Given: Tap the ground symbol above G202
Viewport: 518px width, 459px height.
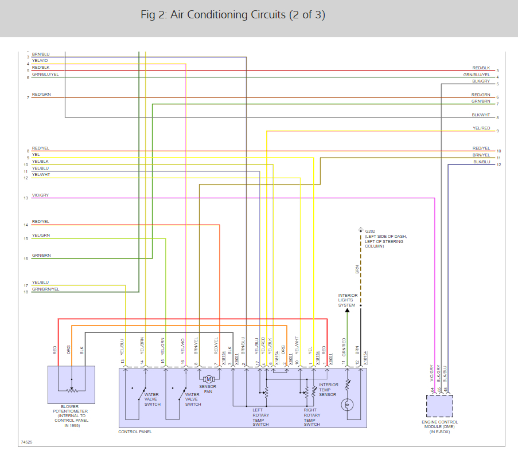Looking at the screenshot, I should pos(360,229).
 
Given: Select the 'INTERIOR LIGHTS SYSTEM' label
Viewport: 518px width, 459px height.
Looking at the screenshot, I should pos(348,300).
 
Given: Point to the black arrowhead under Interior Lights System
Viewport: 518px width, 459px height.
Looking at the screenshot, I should pos(346,310).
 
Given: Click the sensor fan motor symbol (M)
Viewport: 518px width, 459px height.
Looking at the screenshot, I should pos(209,379).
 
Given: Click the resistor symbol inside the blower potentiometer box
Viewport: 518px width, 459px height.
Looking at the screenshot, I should pos(72,391).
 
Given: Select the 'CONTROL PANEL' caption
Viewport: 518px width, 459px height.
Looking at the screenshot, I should pos(135,431).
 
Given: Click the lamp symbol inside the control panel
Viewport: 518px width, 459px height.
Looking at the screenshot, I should pos(346,405).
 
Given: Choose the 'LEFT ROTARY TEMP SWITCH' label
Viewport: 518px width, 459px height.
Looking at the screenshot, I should pos(261,417).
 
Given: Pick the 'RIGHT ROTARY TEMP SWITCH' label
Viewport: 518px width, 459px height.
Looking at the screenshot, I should pos(312,417).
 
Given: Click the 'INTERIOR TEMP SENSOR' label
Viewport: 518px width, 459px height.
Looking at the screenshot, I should pos(329,390).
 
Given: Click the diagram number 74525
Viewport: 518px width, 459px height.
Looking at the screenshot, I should pos(27,442).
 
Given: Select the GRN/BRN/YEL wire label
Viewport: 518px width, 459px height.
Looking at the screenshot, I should pos(46,289).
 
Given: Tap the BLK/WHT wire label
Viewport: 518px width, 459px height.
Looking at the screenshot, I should pos(481,115).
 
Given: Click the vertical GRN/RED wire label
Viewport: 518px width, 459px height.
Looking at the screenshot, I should pos(344,346).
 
